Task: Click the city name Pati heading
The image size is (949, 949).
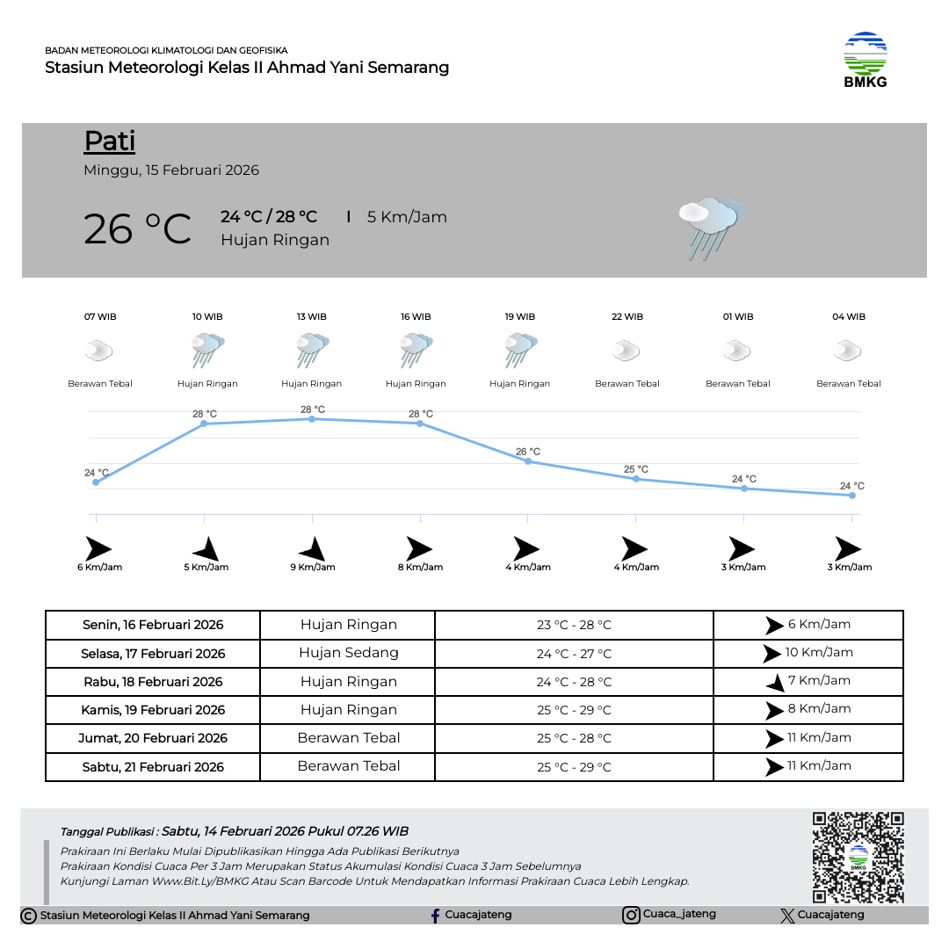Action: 110,141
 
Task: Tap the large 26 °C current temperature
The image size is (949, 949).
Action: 137,229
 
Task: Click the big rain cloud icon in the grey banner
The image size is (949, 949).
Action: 711,228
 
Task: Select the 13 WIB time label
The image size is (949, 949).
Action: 312,316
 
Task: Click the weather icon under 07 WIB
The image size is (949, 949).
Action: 98,351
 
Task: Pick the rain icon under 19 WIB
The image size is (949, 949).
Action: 520,351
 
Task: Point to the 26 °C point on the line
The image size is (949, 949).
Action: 528,461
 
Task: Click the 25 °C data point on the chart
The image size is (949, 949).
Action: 636,479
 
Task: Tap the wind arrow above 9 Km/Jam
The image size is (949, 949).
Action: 312,549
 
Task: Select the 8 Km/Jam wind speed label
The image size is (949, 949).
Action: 420,567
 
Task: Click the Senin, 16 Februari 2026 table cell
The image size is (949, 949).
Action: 153,626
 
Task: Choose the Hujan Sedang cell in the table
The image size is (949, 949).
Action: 348,653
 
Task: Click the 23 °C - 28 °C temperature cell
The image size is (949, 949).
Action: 574,626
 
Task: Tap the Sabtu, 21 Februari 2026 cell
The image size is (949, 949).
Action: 153,767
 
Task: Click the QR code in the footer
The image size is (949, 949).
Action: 858,857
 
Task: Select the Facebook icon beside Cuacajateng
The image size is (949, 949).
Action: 435,916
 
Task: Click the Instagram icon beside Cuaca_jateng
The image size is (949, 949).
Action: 631,916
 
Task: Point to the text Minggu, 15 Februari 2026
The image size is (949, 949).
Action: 171,170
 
